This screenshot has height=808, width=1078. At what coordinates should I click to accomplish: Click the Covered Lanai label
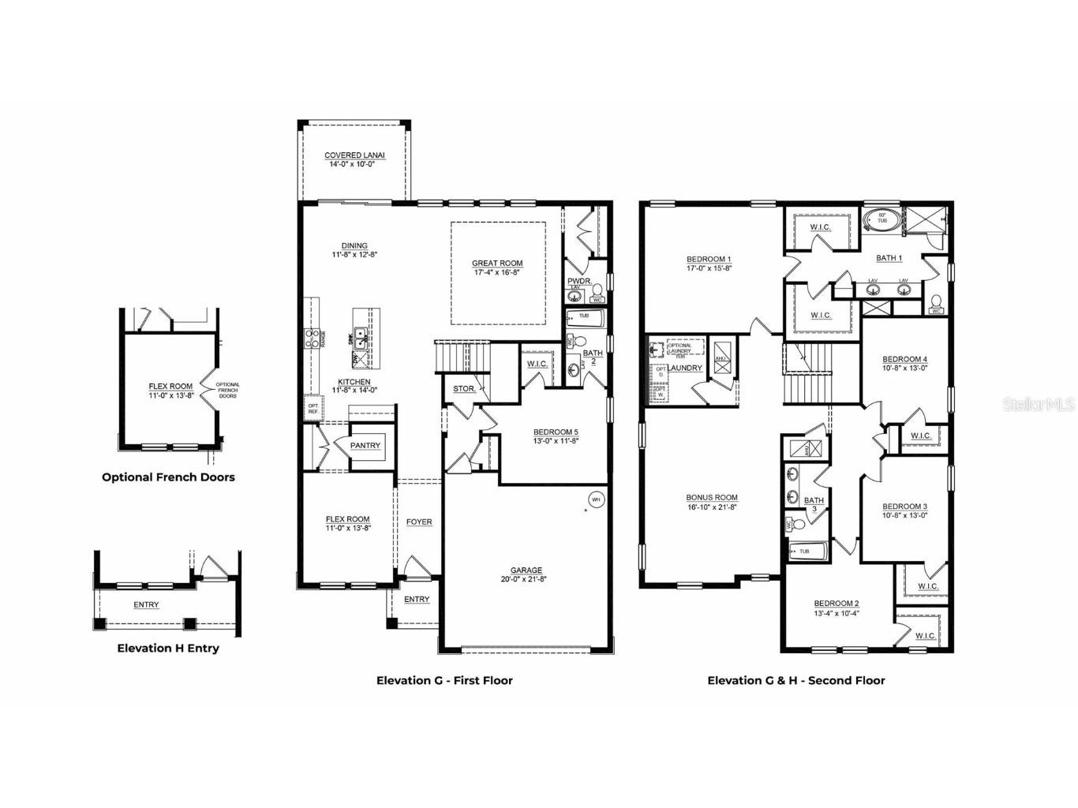tap(354, 155)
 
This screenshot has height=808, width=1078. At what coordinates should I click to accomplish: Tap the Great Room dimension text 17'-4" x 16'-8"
tap(497, 272)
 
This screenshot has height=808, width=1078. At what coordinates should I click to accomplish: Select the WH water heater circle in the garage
tap(595, 499)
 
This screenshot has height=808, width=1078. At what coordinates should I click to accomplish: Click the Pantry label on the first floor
tap(365, 446)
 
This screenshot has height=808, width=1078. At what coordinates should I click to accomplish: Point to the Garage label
tap(526, 570)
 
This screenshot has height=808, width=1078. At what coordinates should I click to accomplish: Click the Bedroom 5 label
tap(556, 432)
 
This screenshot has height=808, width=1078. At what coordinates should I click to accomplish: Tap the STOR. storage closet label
tap(464, 389)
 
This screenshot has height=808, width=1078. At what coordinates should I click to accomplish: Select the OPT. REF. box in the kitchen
tap(313, 408)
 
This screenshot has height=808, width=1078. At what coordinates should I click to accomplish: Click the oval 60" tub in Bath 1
tap(879, 219)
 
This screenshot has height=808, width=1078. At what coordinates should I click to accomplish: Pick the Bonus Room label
tap(712, 498)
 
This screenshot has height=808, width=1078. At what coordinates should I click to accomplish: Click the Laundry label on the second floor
tap(685, 368)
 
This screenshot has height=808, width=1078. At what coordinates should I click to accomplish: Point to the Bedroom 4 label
tap(904, 359)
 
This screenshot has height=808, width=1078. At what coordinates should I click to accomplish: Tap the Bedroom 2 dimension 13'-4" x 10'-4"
tap(837, 613)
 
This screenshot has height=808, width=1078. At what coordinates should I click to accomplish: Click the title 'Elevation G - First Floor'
tap(444, 680)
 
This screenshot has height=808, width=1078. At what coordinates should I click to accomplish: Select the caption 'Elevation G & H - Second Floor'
tap(795, 680)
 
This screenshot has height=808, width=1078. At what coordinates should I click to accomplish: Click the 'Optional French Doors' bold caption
tap(168, 477)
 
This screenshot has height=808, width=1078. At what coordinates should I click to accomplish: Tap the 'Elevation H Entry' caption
tap(168, 648)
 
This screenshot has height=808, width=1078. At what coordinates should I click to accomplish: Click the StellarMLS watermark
tap(1038, 405)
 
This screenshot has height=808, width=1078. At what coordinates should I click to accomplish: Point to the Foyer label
tap(419, 522)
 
